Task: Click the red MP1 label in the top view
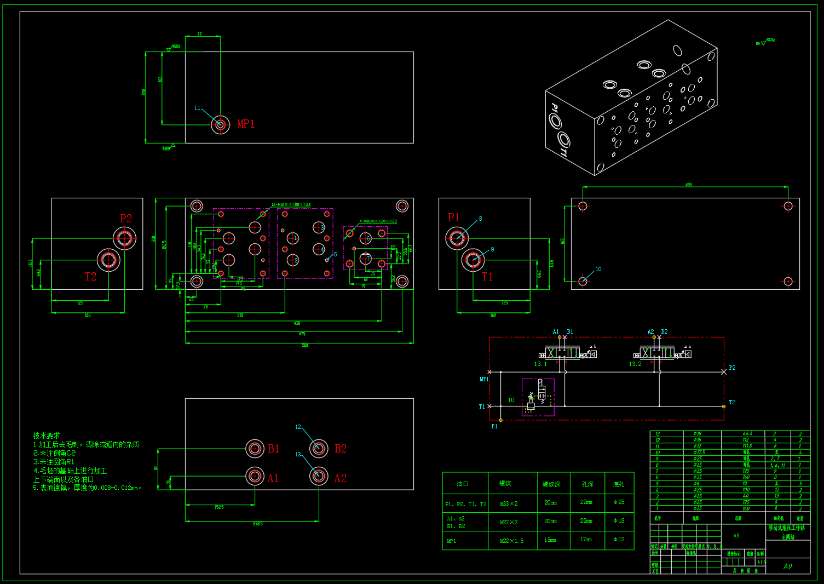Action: tap(246, 124)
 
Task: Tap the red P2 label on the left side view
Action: tap(126, 219)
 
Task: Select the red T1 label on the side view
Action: tap(487, 277)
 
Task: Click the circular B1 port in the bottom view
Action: tap(255, 448)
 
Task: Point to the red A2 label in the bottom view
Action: tap(341, 478)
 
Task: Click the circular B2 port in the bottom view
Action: tap(319, 448)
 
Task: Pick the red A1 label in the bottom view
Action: tap(273, 478)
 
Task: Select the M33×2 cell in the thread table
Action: tap(509, 503)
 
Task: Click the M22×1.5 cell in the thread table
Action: tap(511, 541)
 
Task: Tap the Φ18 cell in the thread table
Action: tap(619, 520)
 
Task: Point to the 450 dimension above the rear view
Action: tap(688, 185)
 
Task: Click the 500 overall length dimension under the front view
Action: tap(305, 346)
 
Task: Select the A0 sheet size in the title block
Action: tap(787, 566)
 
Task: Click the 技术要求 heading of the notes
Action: tap(47, 436)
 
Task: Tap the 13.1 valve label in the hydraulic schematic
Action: tap(540, 364)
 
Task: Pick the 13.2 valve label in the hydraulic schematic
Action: tap(635, 364)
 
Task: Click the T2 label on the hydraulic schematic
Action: tap(732, 403)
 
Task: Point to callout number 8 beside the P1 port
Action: tap(480, 219)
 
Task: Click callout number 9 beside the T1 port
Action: tap(492, 249)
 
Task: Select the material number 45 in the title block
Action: tap(736, 535)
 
